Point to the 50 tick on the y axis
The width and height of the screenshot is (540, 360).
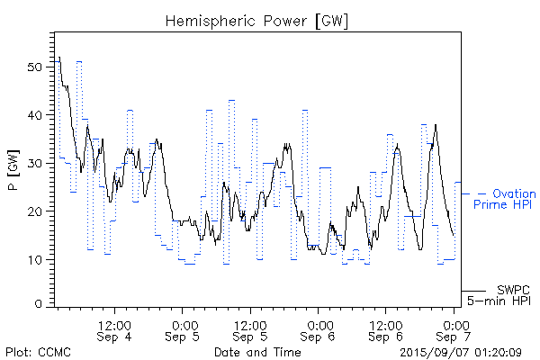pos(34,67)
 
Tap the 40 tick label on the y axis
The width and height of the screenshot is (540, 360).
pos(34,115)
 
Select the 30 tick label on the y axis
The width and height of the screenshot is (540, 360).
pos(34,163)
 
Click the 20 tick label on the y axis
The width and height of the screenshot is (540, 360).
pos(34,211)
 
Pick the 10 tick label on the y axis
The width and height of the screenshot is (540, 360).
pos(34,259)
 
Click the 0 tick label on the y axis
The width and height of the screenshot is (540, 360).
pos(38,304)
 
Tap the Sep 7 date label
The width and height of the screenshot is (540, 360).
pos(455,337)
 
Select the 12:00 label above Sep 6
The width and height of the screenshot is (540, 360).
pos(386,324)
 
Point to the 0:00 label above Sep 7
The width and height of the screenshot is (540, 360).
pos(455,324)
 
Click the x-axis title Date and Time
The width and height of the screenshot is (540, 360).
pos(257,353)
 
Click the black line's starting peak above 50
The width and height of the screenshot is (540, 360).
pos(59,58)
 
